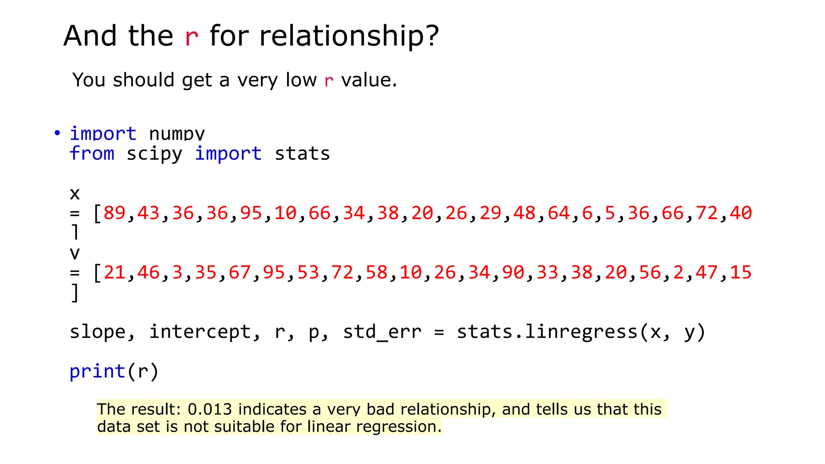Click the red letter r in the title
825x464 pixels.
191,37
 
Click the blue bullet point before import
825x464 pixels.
57,133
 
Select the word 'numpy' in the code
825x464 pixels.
177,133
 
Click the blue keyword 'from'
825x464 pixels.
92,153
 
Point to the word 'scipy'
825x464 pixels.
154,154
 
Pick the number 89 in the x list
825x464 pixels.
115,213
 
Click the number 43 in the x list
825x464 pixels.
149,213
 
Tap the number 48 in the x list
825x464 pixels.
524,213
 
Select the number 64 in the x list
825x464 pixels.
559,213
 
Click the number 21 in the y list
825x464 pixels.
115,272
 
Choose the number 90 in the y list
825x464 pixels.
513,272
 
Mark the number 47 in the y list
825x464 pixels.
707,272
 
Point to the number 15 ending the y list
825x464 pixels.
741,272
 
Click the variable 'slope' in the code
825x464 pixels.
98,332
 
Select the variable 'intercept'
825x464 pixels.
200,332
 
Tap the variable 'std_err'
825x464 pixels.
382,332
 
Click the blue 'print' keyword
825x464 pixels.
97,371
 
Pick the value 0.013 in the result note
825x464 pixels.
210,409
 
